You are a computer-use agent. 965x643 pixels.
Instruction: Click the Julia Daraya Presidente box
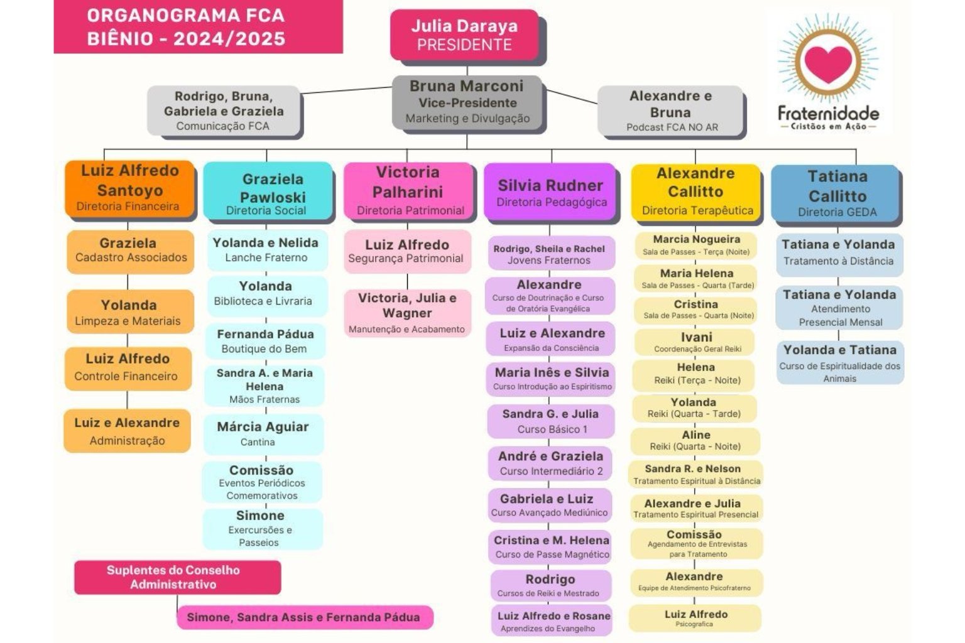click(464, 35)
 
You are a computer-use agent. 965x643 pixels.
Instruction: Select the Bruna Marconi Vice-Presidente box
click(467, 102)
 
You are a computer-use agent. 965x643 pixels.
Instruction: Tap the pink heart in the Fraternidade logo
click(827, 62)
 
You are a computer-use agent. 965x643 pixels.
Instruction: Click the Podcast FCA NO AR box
click(670, 111)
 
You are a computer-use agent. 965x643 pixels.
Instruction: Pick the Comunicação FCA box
click(224, 111)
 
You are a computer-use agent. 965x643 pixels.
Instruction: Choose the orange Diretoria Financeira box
click(129, 188)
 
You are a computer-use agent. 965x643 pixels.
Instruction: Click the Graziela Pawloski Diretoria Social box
click(268, 191)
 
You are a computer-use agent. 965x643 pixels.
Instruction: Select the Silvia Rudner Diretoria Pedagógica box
click(550, 192)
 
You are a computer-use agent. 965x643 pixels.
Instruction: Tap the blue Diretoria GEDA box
click(836, 193)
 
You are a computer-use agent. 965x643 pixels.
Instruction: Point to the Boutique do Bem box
click(264, 341)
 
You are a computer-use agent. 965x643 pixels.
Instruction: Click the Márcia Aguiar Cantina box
click(263, 433)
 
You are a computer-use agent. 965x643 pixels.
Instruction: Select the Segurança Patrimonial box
click(406, 251)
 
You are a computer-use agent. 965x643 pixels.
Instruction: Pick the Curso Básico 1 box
click(550, 421)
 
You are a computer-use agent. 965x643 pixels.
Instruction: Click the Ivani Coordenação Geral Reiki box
click(696, 342)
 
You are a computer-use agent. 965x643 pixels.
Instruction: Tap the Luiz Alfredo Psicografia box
click(695, 618)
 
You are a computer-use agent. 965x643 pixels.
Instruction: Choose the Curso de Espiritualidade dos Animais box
click(840, 363)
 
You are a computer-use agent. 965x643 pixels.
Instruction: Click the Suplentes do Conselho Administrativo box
click(177, 577)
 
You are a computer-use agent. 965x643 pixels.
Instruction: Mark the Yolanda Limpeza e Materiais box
click(129, 312)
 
